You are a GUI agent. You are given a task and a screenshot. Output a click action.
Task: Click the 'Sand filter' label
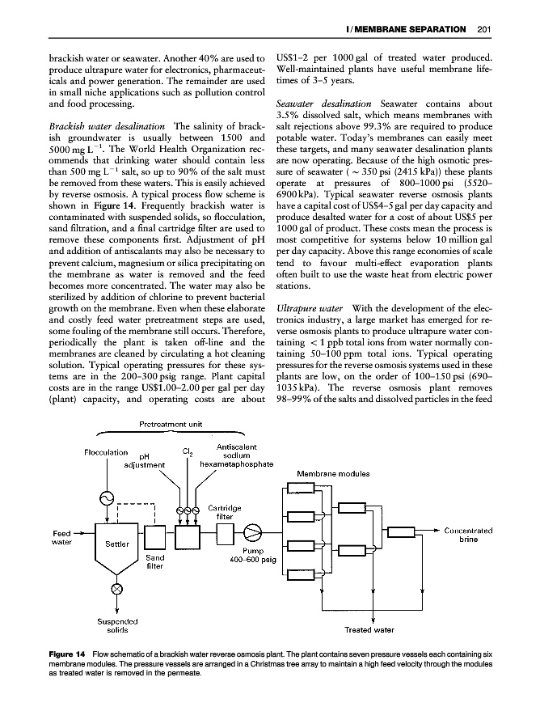coord(155,562)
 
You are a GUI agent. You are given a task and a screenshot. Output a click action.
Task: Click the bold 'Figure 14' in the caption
coord(67,653)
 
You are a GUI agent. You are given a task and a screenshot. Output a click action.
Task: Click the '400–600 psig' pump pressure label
coord(253,559)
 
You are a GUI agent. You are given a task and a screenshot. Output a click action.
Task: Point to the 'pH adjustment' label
coord(145,461)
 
